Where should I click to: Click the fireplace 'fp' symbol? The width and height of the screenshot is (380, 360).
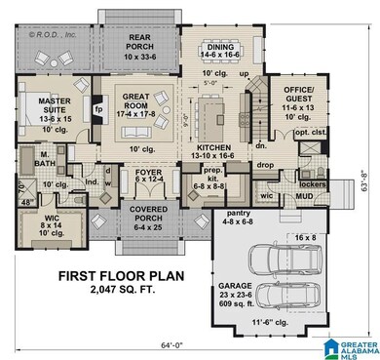point(98,110)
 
